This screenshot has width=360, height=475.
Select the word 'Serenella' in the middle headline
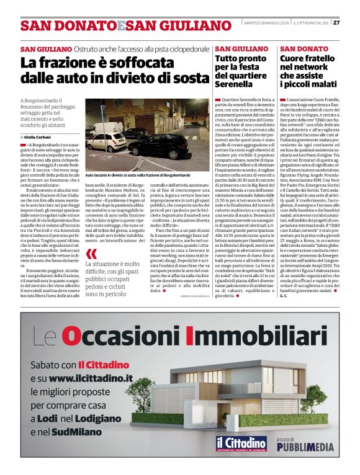[234, 84]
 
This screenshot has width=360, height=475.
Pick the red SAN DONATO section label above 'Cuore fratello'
[304, 48]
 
